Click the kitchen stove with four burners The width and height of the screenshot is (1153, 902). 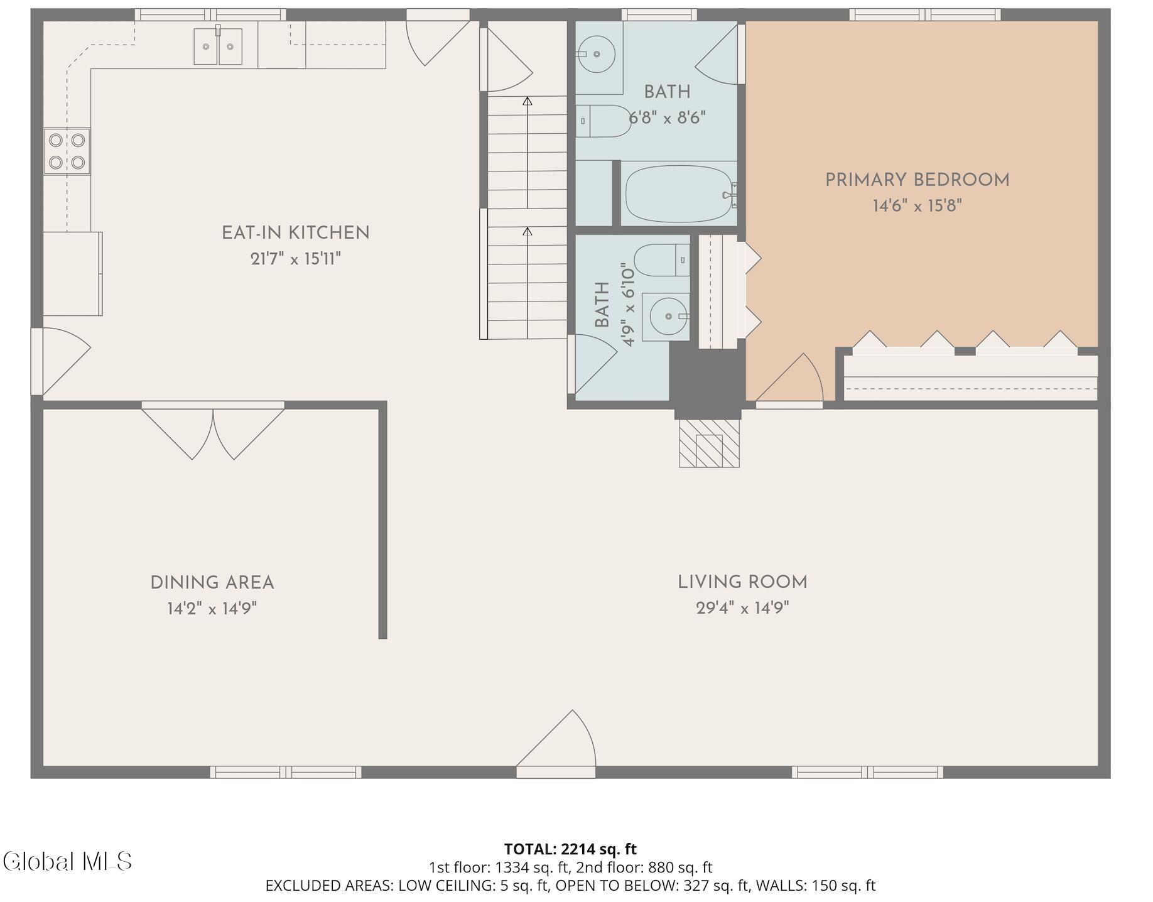point(67,151)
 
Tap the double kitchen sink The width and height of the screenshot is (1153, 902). point(218,46)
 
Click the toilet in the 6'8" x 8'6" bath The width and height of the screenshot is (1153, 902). point(604,121)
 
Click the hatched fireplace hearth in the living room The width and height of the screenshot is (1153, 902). point(709,443)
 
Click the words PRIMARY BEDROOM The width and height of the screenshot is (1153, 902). point(917,180)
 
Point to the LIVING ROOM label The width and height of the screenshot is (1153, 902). point(742,582)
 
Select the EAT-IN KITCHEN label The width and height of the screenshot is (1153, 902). point(296,233)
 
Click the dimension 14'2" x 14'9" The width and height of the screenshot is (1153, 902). point(212,609)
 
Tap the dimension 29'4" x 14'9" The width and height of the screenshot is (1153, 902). point(742,608)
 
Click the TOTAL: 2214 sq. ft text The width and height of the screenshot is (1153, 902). point(570,849)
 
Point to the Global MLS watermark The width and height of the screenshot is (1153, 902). point(67,861)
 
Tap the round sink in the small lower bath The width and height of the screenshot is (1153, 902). point(668,316)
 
